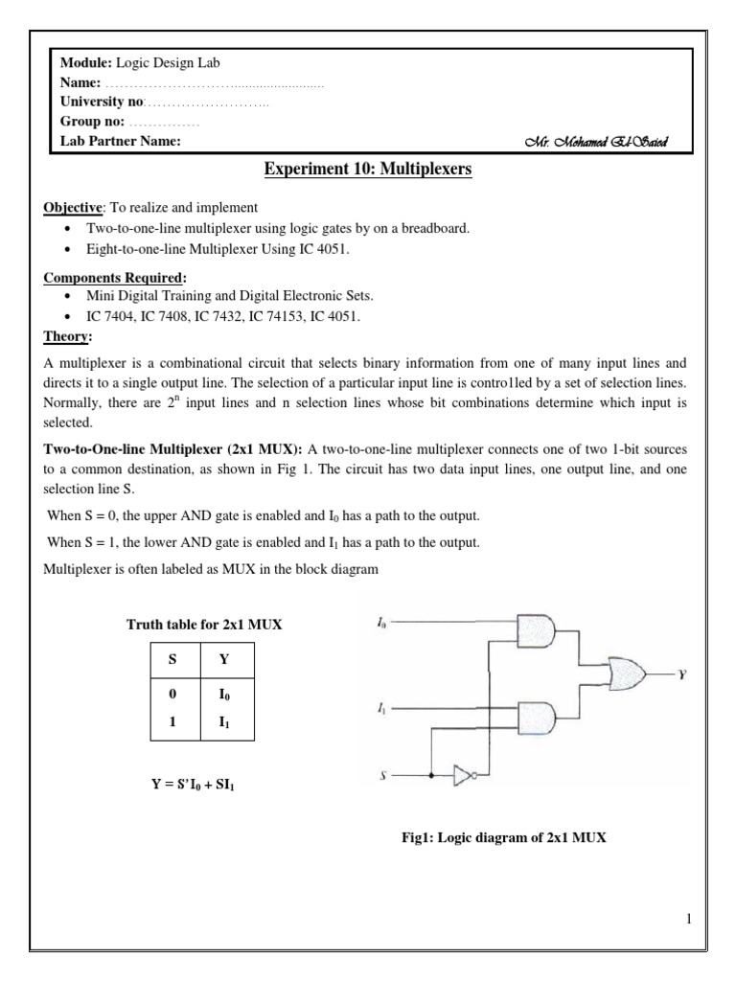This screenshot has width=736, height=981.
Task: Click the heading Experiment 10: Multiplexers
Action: coord(368,171)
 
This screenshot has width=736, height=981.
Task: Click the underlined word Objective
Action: coord(75,208)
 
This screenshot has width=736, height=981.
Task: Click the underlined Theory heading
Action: coord(67,336)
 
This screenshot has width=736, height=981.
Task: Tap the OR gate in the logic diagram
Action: coord(632,673)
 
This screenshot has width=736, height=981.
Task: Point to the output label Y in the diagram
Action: coord(681,674)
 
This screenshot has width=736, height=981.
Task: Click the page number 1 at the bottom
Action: coord(688,921)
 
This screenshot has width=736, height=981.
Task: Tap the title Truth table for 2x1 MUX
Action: coord(205,625)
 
